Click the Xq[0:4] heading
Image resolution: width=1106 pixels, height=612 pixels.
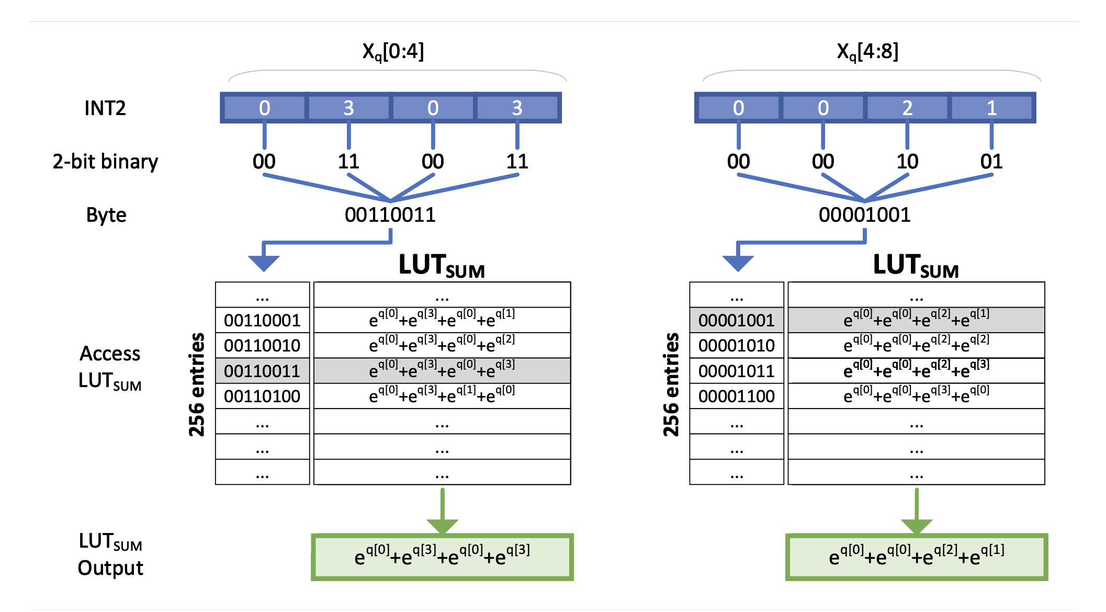coord(393,52)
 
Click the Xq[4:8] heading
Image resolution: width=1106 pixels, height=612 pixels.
coord(867,52)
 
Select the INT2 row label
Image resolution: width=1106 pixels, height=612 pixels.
coord(105,108)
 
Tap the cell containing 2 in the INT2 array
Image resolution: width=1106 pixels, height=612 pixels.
coord(907,108)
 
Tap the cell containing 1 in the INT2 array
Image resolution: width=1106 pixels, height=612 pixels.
coord(991,108)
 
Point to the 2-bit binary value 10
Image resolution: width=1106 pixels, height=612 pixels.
coord(907,162)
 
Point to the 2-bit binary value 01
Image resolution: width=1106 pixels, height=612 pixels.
coord(991,162)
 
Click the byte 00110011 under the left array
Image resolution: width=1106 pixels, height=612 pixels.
coord(390,215)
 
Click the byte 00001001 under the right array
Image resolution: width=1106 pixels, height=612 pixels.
coord(864,215)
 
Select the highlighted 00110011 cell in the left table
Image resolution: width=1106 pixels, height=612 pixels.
coord(262,371)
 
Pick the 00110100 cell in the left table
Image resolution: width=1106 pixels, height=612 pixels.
coord(262,396)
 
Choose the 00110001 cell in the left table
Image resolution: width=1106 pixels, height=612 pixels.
coord(262,320)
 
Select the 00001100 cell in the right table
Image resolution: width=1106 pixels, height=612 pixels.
coord(736,396)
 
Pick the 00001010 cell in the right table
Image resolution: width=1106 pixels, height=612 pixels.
coord(736,346)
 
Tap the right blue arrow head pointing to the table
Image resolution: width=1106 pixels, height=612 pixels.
coord(738,263)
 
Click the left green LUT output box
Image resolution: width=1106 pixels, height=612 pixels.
coord(442,557)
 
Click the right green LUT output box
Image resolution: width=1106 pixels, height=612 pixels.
coord(917,557)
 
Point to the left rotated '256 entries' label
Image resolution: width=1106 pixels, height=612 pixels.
coord(197,384)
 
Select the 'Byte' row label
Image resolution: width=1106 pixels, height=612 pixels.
coord(106,215)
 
